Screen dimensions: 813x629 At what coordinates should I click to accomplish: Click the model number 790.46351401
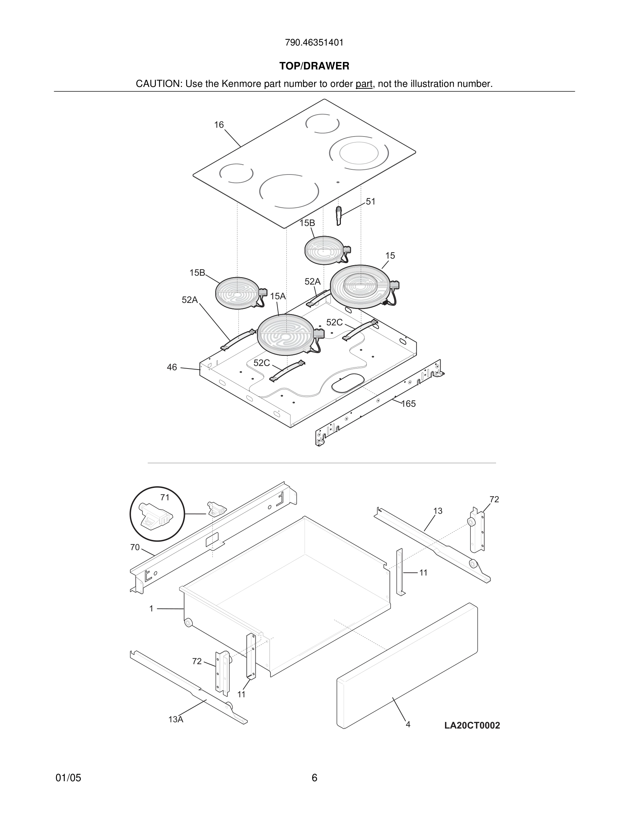tap(314, 43)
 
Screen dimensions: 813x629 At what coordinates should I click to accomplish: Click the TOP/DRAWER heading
tap(314, 66)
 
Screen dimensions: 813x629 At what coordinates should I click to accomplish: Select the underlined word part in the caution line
tap(364, 84)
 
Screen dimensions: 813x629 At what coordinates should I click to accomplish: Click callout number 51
tap(370, 202)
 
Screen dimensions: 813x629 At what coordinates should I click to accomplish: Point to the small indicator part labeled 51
tap(339, 216)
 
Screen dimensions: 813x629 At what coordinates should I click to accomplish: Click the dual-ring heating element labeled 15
tap(361, 286)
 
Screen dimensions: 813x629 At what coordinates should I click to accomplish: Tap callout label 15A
tap(277, 296)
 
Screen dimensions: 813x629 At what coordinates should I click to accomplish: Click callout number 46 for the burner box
tap(172, 367)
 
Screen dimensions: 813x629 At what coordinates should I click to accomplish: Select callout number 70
tap(135, 547)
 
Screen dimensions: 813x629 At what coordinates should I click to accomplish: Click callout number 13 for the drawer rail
tap(438, 511)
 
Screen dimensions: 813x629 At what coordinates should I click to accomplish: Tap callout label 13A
tap(175, 720)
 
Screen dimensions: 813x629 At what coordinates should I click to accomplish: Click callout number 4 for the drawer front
tap(408, 724)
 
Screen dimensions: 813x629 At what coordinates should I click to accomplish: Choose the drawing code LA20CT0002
tap(472, 725)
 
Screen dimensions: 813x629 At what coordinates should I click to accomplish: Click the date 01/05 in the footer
tap(68, 778)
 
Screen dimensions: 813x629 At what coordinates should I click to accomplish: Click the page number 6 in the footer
tap(314, 778)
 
